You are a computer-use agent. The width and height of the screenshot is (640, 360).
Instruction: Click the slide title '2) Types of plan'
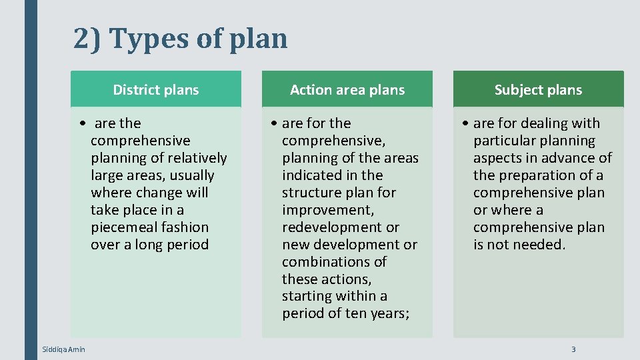point(181,39)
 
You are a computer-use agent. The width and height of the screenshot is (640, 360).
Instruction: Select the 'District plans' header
point(156,90)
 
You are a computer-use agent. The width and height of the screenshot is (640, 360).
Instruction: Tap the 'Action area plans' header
point(347,90)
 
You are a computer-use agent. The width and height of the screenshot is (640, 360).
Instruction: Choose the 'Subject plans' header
point(538,90)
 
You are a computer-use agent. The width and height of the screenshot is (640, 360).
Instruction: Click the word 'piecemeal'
point(124,227)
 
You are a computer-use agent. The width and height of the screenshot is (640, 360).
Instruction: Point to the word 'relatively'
point(197,158)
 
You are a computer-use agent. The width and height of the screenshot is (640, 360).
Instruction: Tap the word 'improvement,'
point(319,210)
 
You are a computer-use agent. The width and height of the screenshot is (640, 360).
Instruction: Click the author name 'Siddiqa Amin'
point(63,349)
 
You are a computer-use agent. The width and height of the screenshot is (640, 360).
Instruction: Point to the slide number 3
point(573,349)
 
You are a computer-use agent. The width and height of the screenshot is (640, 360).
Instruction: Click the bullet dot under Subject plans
point(467,124)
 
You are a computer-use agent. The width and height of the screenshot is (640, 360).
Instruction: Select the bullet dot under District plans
point(81,124)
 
